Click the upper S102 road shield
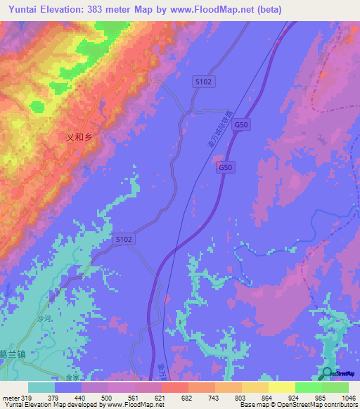tap(203, 82)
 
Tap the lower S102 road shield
tap(124, 240)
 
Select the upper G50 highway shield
tap(241, 124)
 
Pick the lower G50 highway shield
tap(225, 167)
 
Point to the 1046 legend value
tap(349, 397)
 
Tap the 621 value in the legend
tap(161, 397)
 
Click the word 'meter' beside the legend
tap(10, 397)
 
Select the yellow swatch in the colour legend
tap(282, 387)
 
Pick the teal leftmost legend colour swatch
tap(41, 387)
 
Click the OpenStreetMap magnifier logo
tap(327, 373)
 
